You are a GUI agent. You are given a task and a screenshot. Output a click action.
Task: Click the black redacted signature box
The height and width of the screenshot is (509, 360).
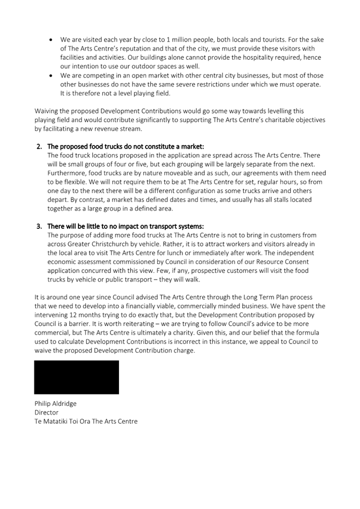(77, 377)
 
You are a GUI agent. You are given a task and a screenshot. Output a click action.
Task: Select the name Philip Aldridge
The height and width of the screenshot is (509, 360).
(55, 403)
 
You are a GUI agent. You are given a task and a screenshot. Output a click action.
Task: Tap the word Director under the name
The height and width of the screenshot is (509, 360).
(46, 412)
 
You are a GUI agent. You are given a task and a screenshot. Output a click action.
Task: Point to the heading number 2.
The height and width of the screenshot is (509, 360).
(39, 146)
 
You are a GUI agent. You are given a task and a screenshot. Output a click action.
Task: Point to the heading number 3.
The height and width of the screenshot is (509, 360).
(39, 226)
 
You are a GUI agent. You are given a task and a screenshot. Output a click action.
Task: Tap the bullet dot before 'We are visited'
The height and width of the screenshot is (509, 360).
(51, 40)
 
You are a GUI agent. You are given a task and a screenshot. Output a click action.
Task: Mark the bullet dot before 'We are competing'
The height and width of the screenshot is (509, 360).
(51, 76)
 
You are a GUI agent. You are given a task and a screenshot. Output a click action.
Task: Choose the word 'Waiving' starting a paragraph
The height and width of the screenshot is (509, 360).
(47, 111)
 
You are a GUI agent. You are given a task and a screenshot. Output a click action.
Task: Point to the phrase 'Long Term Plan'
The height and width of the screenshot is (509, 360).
(254, 297)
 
